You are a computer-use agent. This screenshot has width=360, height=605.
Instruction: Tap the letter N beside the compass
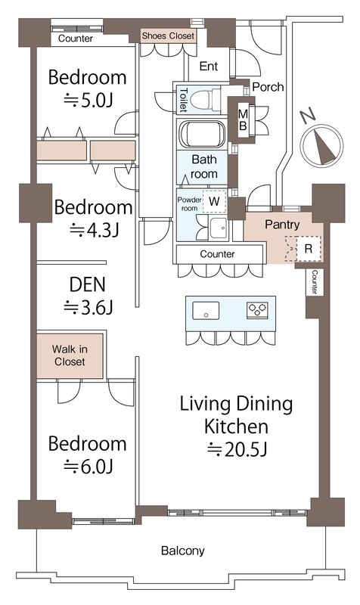308,116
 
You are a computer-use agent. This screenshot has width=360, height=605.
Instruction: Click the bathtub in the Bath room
202,134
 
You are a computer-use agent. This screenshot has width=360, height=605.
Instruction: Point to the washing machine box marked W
215,201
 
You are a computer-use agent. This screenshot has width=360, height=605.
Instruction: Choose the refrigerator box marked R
309,249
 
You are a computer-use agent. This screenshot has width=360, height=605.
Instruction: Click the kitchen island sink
206,311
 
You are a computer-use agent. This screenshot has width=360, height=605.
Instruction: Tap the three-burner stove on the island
257,310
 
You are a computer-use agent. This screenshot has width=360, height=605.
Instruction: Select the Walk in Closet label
70,355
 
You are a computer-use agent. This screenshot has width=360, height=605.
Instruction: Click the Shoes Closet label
168,36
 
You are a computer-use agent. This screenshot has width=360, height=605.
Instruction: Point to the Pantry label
282,225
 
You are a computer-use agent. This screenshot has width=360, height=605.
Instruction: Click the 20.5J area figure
237,449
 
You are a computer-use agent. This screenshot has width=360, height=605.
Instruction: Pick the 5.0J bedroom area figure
88,101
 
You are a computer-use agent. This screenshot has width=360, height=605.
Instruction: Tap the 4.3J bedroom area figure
94,231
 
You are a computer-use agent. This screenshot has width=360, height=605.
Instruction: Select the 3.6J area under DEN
88,308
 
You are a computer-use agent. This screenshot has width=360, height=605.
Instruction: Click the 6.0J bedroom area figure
88,467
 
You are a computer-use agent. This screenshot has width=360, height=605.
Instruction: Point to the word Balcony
182,551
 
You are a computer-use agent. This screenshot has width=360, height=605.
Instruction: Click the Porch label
268,87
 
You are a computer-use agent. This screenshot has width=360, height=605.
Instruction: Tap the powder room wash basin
219,228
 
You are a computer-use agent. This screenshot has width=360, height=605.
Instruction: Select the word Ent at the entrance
209,67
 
